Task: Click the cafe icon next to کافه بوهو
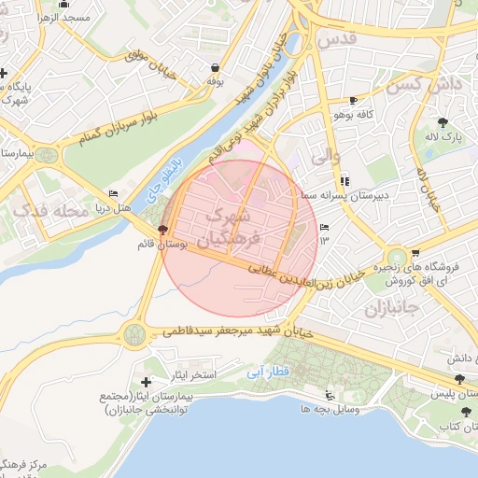pyautogui.click(x=352, y=100)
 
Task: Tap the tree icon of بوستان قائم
pyautogui.click(x=163, y=230)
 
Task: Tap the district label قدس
pyautogui.click(x=337, y=40)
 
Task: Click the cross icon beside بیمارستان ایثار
pyautogui.click(x=146, y=382)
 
